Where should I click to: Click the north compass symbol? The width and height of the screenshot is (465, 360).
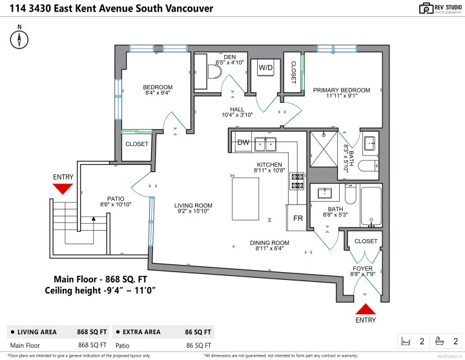tap(20, 39)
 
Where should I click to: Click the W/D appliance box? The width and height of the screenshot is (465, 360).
tap(265, 68)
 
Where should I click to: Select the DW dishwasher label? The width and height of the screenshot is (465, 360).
tap(243, 142)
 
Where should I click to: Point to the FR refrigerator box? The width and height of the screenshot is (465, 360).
tap(298, 218)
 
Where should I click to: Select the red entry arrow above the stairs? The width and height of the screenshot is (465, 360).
tap(63, 188)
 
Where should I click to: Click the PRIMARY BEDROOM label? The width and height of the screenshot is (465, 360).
tap(342, 90)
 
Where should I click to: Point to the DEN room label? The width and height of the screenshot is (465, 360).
tap(229, 57)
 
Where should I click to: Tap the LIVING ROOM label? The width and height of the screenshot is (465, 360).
tap(193, 206)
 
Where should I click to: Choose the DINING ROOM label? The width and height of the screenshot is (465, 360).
tap(269, 242)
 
